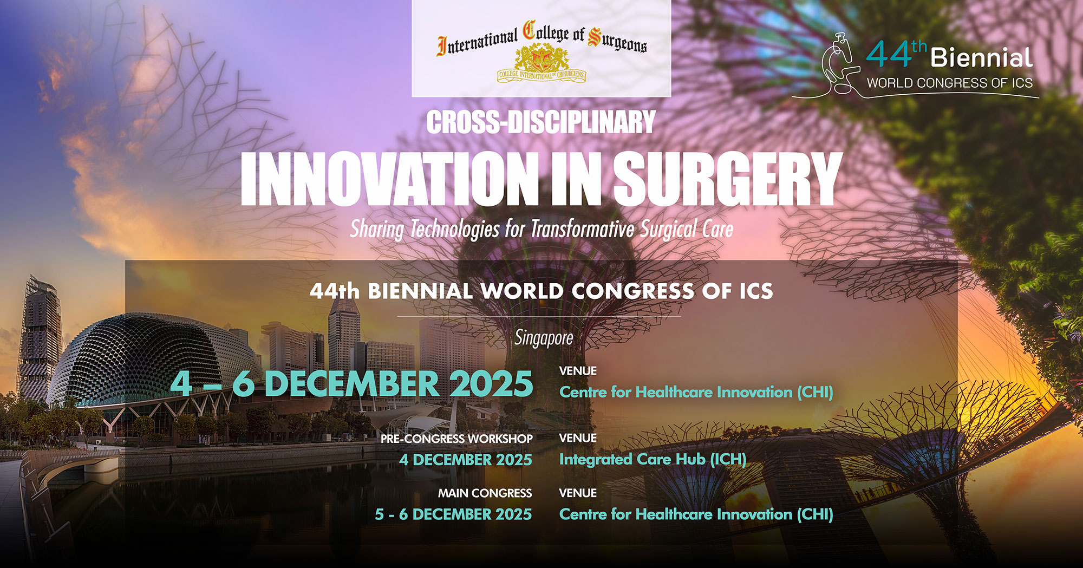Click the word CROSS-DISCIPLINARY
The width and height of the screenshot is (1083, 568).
tap(541, 122)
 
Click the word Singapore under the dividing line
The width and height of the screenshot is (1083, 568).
tap(544, 338)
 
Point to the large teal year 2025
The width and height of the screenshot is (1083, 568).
tap(491, 383)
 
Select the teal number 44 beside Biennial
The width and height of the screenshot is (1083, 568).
tap(889, 55)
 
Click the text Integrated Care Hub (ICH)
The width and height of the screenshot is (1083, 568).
tap(653, 459)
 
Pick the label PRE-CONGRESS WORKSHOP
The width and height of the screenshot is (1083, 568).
tap(456, 439)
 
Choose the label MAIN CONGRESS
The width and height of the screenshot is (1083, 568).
tap(485, 493)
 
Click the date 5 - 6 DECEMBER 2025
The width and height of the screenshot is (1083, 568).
tap(453, 514)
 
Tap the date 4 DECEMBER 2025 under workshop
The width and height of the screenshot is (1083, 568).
tap(466, 460)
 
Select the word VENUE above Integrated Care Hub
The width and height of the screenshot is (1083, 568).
tap(578, 438)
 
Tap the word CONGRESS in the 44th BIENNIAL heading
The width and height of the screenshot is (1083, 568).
tap(632, 291)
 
